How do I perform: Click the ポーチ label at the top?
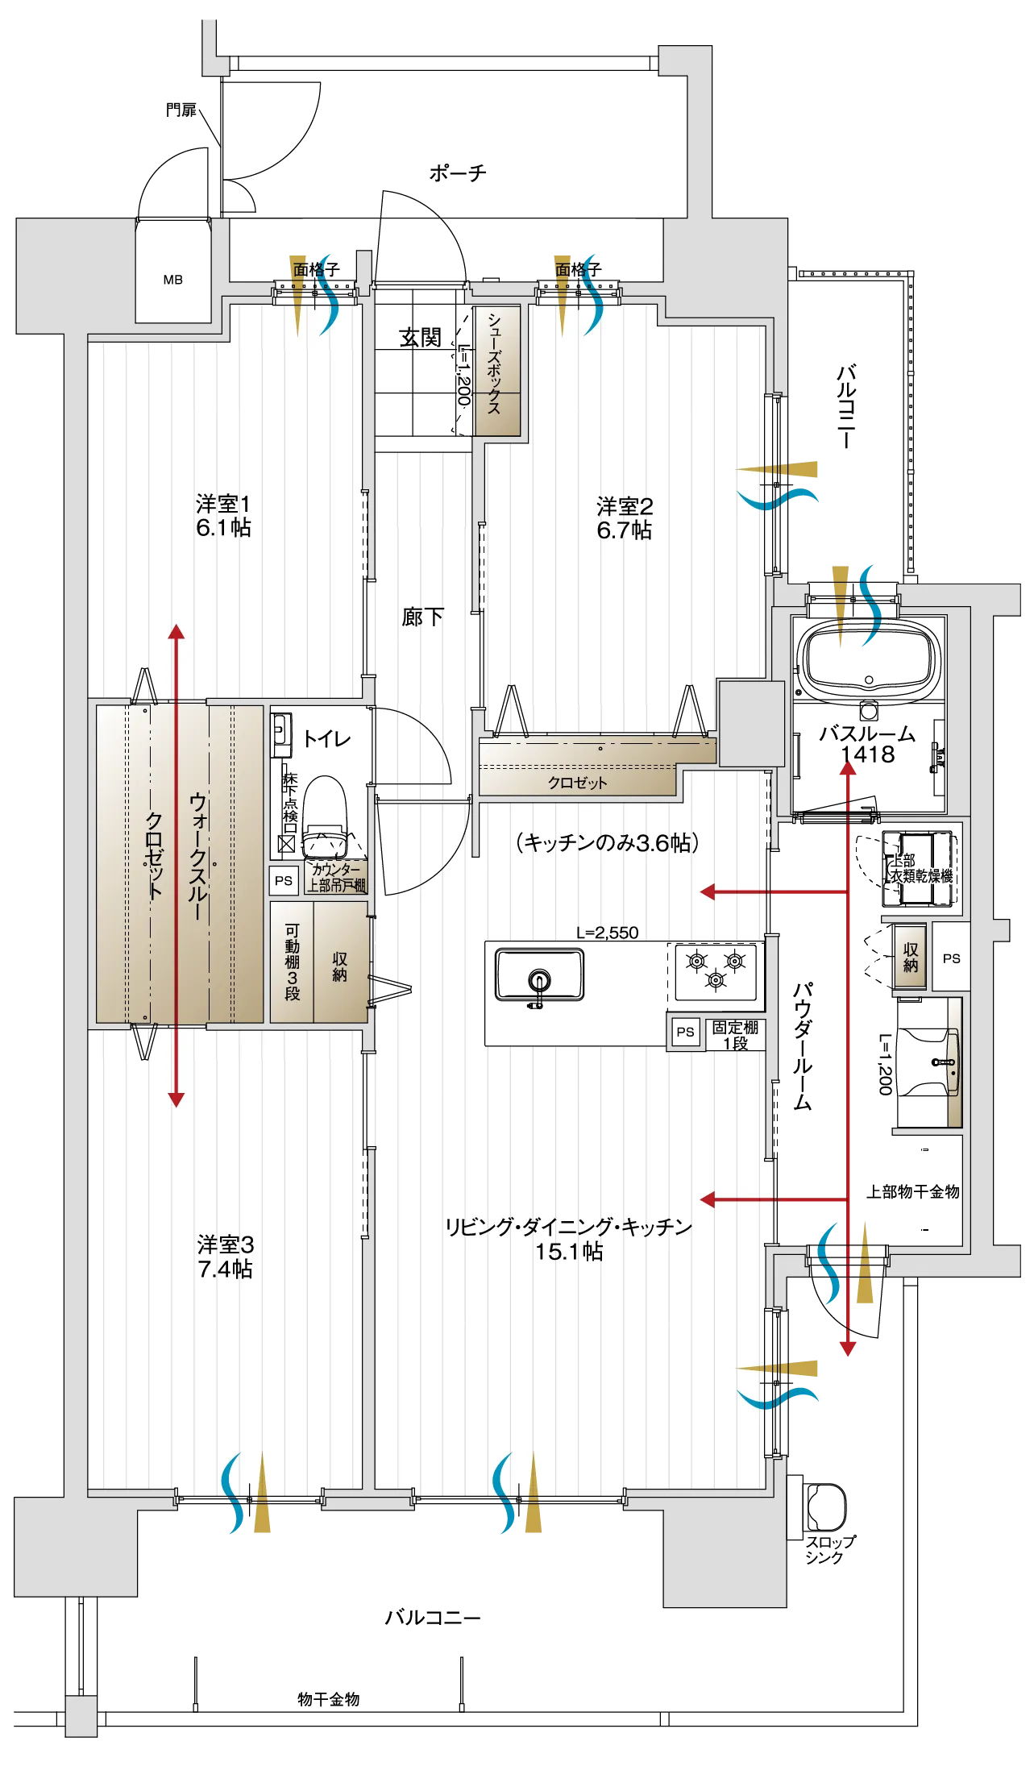[457, 172]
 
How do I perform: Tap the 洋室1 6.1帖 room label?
[223, 517]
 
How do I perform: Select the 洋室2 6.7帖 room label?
[624, 518]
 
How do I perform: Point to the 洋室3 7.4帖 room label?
[225, 1257]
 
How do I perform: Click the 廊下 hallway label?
[422, 617]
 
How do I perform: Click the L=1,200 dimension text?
[463, 374]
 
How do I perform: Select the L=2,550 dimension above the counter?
[607, 933]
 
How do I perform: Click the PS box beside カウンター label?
[284, 880]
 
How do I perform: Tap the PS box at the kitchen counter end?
[685, 1032]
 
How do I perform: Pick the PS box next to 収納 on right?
[951, 958]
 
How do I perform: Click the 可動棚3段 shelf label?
[292, 962]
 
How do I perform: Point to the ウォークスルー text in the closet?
[197, 857]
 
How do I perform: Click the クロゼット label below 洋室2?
[577, 783]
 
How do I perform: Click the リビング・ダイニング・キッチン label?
[568, 1227]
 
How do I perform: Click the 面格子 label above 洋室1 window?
[315, 270]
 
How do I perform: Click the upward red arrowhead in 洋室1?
[176, 631]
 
